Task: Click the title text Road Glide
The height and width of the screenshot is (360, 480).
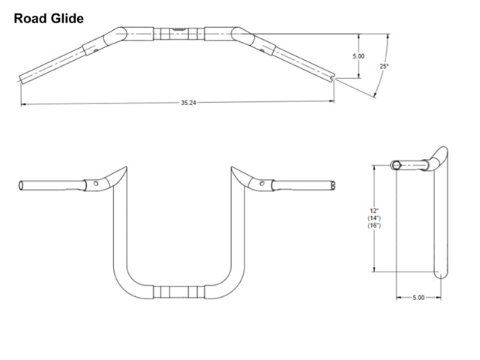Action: click(x=49, y=18)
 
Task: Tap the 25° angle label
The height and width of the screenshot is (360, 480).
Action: click(x=385, y=67)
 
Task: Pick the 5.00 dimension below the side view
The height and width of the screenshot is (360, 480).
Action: click(x=418, y=298)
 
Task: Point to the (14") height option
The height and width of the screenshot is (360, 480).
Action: click(x=374, y=218)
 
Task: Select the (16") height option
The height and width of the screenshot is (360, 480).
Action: click(x=374, y=226)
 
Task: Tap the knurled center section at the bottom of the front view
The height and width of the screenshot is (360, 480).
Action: click(x=178, y=291)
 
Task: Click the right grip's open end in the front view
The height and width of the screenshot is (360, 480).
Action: click(x=334, y=185)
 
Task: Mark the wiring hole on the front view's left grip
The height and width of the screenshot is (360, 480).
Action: click(x=96, y=183)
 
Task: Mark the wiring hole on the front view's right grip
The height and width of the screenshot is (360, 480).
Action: click(x=262, y=183)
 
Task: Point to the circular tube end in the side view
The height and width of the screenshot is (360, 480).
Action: click(x=397, y=165)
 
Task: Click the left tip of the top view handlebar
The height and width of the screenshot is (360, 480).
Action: click(x=22, y=77)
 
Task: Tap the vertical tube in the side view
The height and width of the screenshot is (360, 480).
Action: click(x=442, y=225)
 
